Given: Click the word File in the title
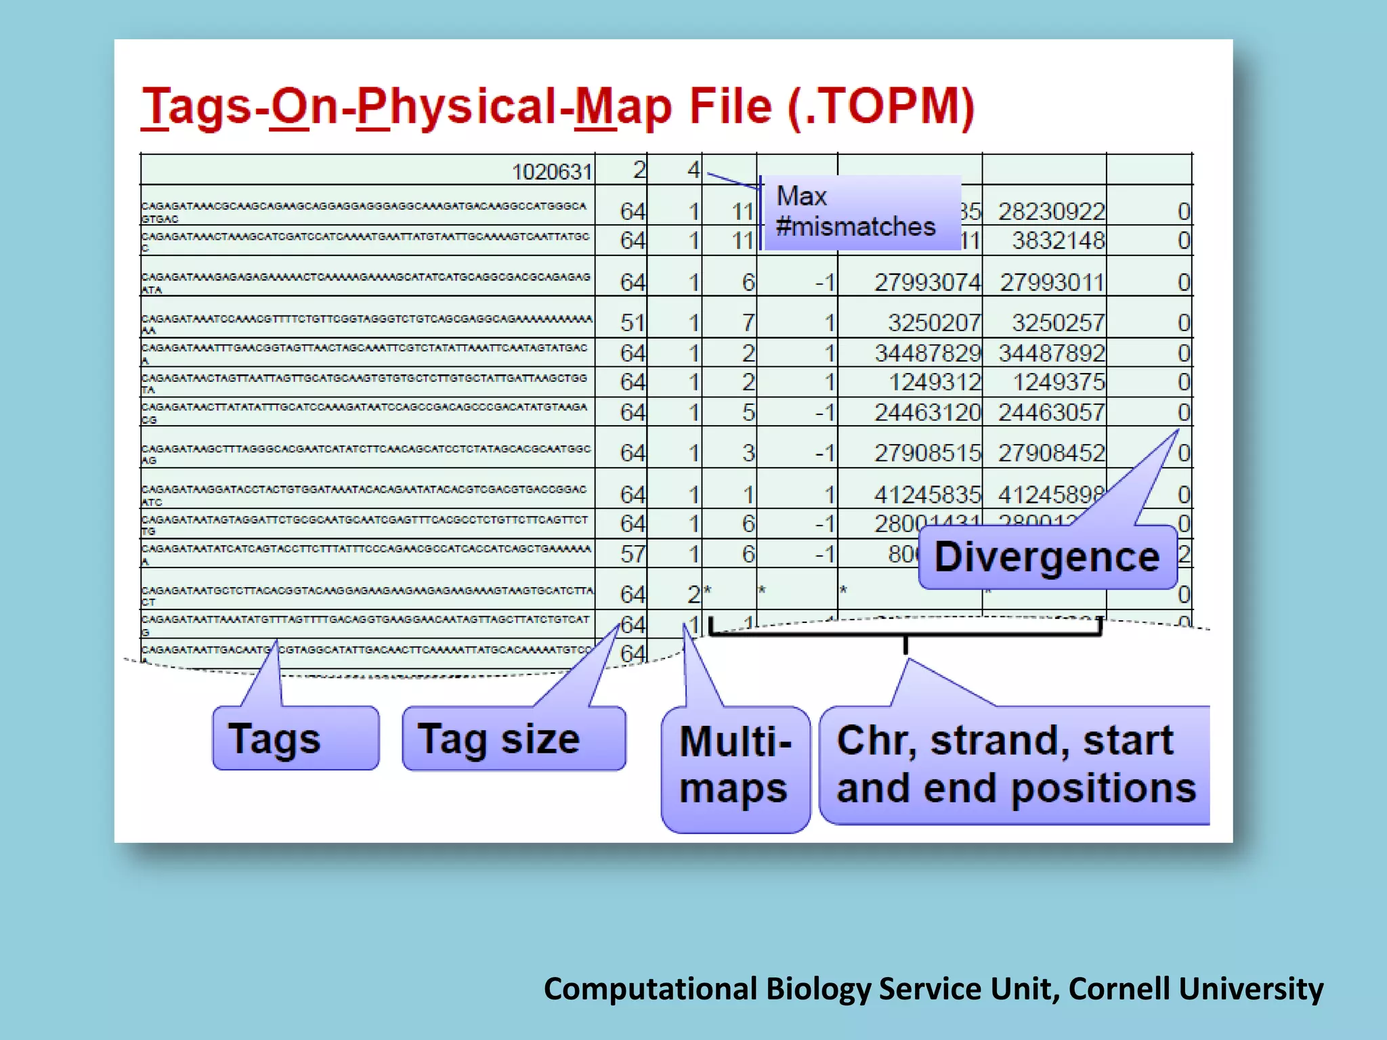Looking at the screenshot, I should pyautogui.click(x=730, y=107).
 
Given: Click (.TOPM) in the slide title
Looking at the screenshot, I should pyautogui.click(x=881, y=107).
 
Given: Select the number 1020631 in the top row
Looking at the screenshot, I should pyautogui.click(x=552, y=172).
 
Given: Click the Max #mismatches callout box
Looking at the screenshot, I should pyautogui.click(x=861, y=212).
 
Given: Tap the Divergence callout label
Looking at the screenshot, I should pyautogui.click(x=1047, y=557).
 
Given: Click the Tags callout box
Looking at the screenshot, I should pyautogui.click(x=295, y=738).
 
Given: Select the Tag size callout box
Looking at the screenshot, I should pyautogui.click(x=513, y=738).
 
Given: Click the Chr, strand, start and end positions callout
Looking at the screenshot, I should pyautogui.click(x=1015, y=765).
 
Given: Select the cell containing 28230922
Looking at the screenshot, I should pyautogui.click(x=1051, y=212).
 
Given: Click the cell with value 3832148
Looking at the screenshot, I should pyautogui.click(x=1058, y=240).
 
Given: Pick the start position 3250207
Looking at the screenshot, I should pyautogui.click(x=933, y=323).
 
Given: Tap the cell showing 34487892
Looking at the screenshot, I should pyautogui.click(x=1051, y=353).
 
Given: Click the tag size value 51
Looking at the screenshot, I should pyautogui.click(x=633, y=323).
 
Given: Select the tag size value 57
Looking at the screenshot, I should pyautogui.click(x=633, y=555).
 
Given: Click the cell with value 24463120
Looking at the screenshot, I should pyautogui.click(x=926, y=412).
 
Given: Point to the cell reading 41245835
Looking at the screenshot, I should pyautogui.click(x=926, y=495).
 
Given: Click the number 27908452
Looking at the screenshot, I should pyautogui.click(x=1051, y=453).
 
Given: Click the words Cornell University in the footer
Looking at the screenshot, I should pyautogui.click(x=1196, y=989).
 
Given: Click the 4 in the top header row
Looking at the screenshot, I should pyautogui.click(x=693, y=170).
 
